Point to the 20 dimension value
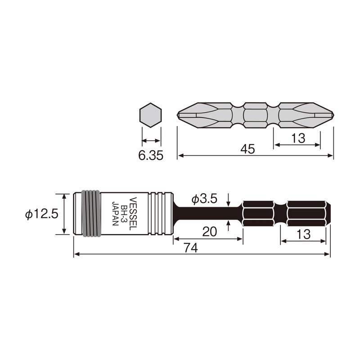(x=210, y=231)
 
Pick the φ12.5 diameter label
(x=41, y=214)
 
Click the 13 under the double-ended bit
(x=297, y=139)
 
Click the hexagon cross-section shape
(x=150, y=116)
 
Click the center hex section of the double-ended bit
(x=255, y=116)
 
